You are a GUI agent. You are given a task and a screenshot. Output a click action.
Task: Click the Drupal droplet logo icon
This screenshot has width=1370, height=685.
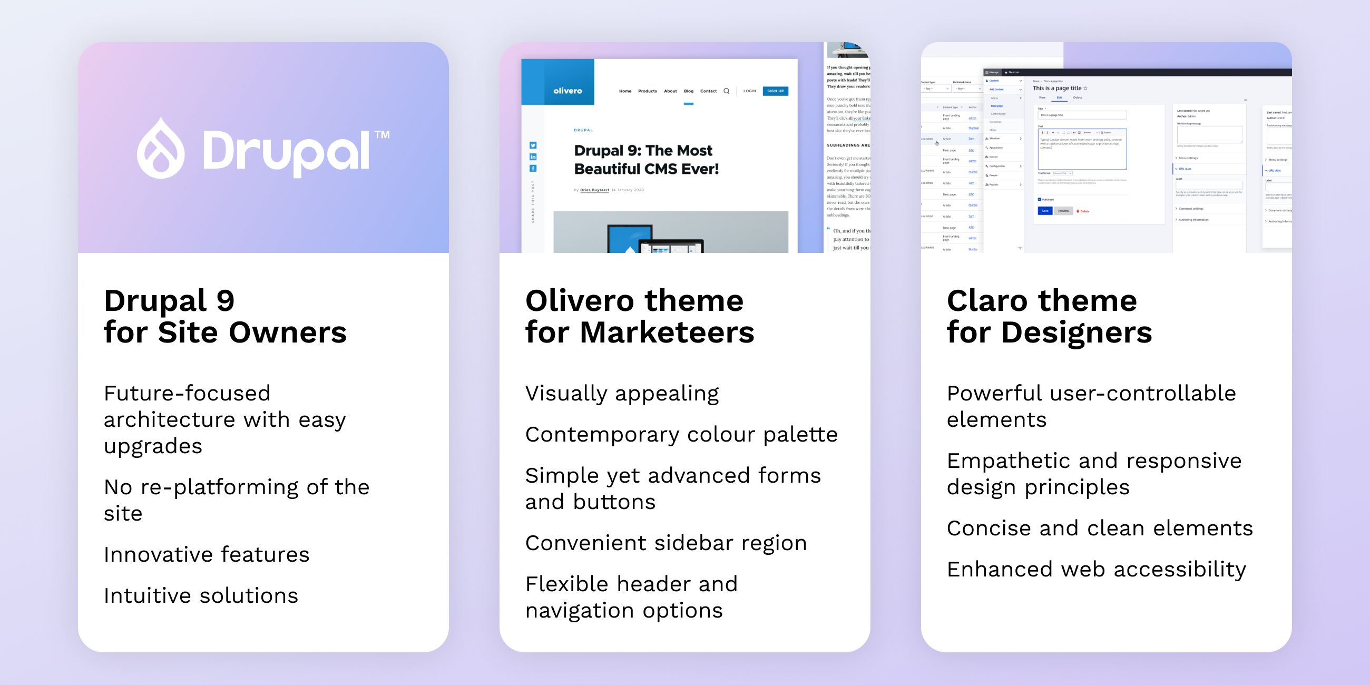[161, 149]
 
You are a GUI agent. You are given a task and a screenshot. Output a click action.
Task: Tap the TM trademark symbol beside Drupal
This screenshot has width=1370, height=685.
[382, 134]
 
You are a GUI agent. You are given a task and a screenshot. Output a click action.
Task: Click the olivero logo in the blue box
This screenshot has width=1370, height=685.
[567, 91]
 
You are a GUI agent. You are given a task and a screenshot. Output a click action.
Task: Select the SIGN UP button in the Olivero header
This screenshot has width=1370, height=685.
[775, 91]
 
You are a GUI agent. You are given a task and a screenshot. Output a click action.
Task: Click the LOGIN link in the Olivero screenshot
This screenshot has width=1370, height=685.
[749, 91]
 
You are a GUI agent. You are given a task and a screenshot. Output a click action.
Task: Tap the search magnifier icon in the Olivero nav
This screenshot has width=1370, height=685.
[727, 91]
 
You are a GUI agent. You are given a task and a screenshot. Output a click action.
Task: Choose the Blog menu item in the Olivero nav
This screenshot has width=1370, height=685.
[689, 91]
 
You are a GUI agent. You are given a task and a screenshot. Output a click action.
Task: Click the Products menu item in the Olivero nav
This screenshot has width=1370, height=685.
[647, 91]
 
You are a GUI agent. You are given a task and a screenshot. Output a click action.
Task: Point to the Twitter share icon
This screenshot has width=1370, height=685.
[533, 145]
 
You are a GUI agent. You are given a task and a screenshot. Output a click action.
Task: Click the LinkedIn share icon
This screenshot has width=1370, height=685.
[533, 157]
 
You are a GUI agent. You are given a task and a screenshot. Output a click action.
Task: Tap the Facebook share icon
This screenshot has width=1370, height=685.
[533, 169]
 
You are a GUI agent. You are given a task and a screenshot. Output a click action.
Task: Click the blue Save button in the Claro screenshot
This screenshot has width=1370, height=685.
[1044, 211]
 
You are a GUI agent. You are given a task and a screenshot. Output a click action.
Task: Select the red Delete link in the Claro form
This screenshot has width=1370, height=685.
[1083, 211]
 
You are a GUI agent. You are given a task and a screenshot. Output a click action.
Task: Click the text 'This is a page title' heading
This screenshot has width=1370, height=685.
[1057, 89]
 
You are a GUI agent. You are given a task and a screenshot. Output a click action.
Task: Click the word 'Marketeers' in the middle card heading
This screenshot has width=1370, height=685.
[667, 332]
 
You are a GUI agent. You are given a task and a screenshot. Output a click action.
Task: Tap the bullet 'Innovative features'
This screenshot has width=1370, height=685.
[207, 554]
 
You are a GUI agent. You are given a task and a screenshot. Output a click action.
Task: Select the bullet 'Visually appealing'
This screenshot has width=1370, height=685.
[622, 394]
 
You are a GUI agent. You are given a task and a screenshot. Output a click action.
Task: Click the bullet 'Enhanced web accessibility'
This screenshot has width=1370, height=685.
[1096, 569]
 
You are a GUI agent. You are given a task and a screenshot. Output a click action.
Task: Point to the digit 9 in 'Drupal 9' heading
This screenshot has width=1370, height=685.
[226, 301]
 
